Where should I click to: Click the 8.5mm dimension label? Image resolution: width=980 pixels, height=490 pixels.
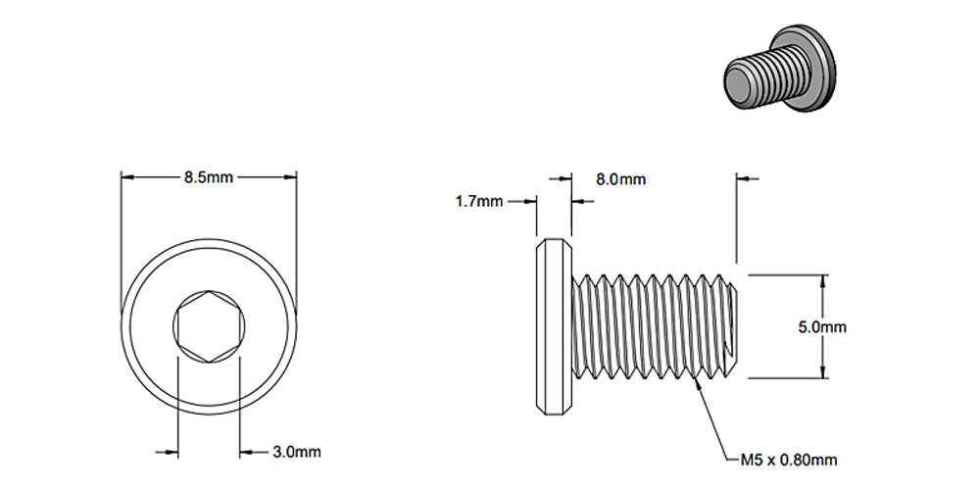pos(208,177)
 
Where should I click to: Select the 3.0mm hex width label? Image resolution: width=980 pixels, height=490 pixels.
pos(295,452)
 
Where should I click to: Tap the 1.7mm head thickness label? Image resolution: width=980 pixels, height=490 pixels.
pos(478,202)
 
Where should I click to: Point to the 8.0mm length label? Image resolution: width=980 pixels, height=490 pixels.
pos(621,179)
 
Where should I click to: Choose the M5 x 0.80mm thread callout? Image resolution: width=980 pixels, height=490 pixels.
pos(789,459)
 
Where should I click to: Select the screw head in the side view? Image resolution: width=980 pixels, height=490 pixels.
pos(554,325)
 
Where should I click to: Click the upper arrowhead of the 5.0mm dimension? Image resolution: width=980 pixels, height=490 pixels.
pos(822,280)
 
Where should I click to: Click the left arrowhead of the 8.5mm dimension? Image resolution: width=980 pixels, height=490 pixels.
pos(126,177)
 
